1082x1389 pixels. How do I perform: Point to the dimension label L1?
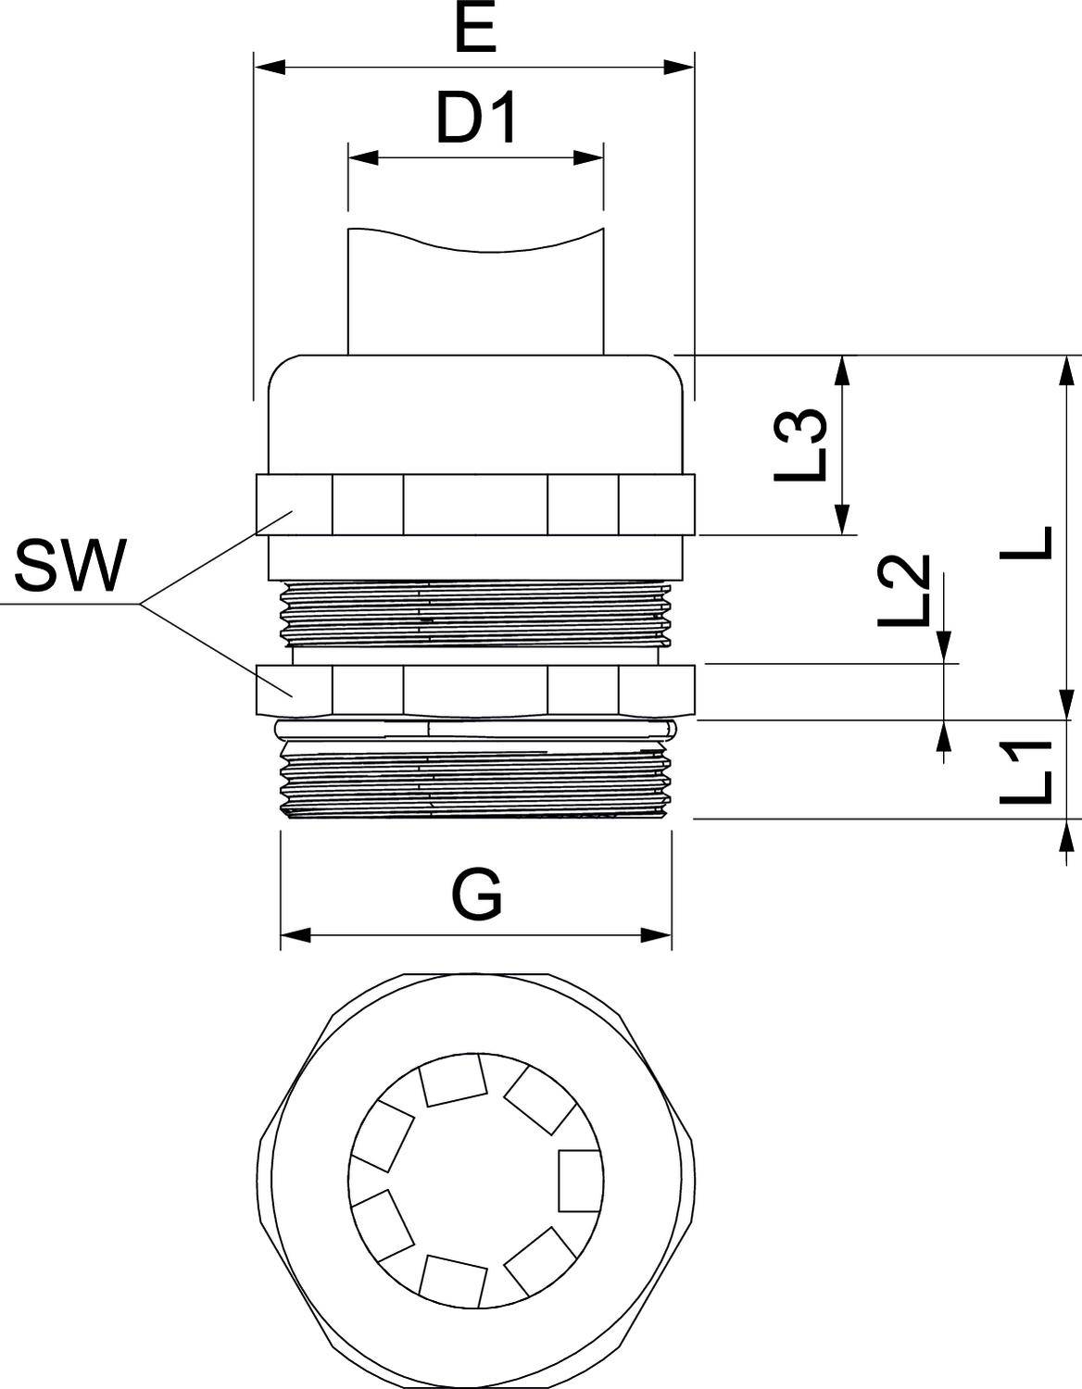[1027, 771]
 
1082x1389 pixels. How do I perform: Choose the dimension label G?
[477, 895]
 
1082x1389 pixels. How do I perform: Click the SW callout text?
[69, 567]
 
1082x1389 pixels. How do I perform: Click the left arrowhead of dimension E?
[269, 68]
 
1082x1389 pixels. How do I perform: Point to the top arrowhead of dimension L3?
[842, 369]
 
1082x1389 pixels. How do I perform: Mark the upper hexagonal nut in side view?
[474, 505]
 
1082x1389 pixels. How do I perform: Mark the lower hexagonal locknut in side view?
[474, 690]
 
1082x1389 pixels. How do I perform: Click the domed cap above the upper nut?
[474, 412]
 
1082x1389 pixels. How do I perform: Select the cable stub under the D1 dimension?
[474, 296]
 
